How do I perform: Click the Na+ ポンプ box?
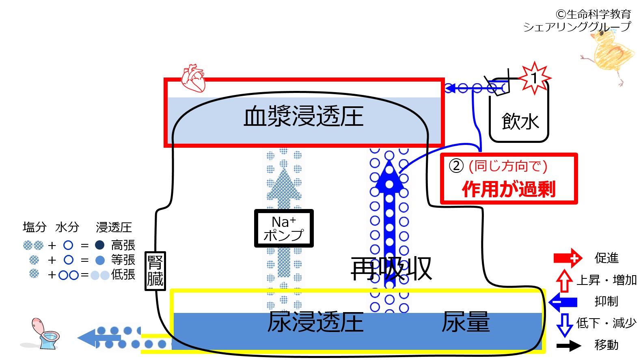click(284, 228)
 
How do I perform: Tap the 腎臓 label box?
click(155, 271)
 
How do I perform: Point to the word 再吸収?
click(391, 268)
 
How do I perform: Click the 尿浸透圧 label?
click(315, 322)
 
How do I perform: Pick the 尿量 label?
click(466, 322)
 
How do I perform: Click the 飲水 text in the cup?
click(520, 122)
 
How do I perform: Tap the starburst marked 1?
click(535, 78)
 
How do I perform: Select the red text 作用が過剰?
click(509, 189)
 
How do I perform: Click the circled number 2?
click(456, 166)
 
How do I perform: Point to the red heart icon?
click(194, 78)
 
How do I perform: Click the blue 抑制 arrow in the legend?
click(563, 302)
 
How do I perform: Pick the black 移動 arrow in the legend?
click(569, 346)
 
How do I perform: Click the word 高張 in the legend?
click(123, 245)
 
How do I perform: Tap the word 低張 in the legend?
click(123, 275)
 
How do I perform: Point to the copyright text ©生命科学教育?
click(593, 14)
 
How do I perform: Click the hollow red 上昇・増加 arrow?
click(564, 280)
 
